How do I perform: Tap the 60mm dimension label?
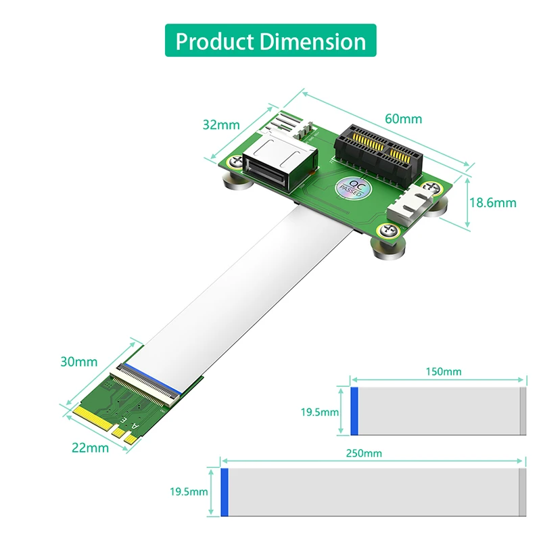pos(403,119)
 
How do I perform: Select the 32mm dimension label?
pos(221,124)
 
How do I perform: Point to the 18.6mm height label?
pos(492,202)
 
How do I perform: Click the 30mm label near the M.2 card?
pos(78,362)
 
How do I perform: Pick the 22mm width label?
pos(90,447)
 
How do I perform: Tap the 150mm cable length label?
pos(444,372)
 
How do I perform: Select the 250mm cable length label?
pos(363,452)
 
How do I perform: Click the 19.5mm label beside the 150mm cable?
pos(320,411)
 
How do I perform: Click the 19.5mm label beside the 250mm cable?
pos(189,492)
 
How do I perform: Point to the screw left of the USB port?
pos(235,162)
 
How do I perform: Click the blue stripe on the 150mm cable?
pos(354,410)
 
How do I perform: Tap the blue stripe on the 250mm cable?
pos(225,492)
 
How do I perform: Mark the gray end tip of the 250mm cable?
pos(522,492)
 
